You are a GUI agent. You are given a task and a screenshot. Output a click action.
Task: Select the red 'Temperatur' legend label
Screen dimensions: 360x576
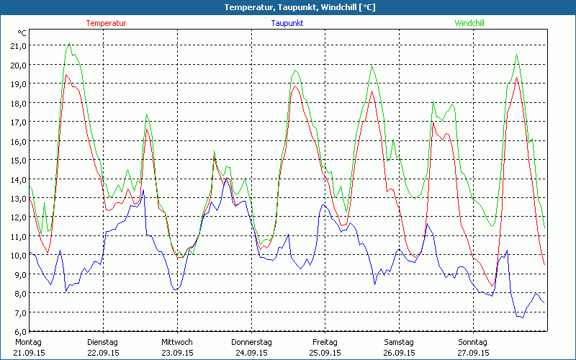[106, 23]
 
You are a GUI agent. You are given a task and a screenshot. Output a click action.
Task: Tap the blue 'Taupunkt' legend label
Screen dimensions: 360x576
[287, 23]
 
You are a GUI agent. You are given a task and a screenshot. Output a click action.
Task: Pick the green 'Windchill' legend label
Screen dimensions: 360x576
[469, 23]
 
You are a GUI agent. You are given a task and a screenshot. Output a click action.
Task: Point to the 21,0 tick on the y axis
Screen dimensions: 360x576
[17, 45]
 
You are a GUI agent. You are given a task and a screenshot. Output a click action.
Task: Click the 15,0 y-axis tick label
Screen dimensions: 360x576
[17, 160]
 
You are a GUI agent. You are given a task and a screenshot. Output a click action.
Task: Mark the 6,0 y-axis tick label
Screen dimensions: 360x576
[17, 332]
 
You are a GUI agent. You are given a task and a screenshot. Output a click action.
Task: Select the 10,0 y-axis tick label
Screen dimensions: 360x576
[17, 256]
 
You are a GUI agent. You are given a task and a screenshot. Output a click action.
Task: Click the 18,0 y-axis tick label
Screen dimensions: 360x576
[17, 103]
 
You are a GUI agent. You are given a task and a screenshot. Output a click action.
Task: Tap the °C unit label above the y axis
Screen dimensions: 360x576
[22, 33]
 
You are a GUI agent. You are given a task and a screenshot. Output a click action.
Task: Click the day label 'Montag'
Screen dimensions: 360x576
[28, 342]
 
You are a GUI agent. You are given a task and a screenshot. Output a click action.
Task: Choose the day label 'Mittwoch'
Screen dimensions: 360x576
[176, 342]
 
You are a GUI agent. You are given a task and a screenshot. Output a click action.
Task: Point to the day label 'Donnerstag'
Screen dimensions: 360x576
[251, 342]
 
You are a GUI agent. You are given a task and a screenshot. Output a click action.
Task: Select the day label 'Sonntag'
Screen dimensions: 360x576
[473, 342]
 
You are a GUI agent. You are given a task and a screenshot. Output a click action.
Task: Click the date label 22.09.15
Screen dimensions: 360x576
[102, 353]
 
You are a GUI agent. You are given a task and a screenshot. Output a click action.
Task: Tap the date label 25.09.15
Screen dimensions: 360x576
[325, 353]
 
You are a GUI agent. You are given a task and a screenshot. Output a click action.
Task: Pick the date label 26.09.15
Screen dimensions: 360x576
[399, 353]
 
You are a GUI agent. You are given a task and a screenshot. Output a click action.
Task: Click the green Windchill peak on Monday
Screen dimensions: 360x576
[69, 44]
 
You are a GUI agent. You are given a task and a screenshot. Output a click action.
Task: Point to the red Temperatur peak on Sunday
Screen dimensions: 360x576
[517, 78]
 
